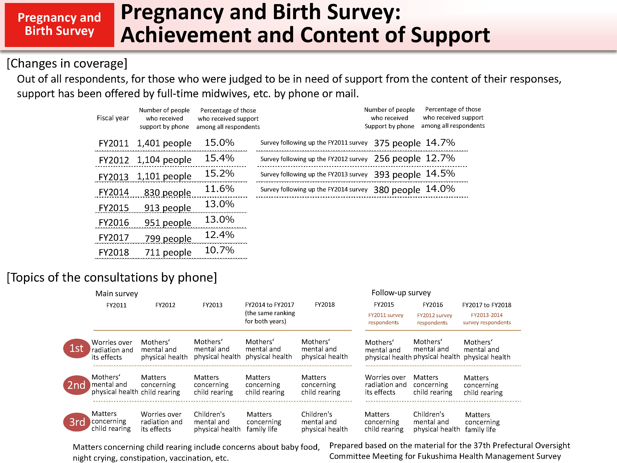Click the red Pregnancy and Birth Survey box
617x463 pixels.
point(59,25)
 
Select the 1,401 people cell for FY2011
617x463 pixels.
point(164,143)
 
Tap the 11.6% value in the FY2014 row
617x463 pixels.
point(219,189)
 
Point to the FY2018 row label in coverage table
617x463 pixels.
point(114,252)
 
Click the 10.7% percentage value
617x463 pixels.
point(219,250)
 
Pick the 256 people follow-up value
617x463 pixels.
point(397,159)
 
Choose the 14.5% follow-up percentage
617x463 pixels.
point(440,174)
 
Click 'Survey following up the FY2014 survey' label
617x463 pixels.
point(314,189)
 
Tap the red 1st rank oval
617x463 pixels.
point(76,348)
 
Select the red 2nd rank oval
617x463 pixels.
point(76,385)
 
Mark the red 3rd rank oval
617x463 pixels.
point(77,422)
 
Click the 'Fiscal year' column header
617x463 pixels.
point(113,118)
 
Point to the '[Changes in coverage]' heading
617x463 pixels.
point(67,64)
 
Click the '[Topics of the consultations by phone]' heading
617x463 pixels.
point(112,277)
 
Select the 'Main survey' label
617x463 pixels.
point(117,294)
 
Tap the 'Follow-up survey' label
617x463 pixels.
point(401,293)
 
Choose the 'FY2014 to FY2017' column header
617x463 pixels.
point(269,305)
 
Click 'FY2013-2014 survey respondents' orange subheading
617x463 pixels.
point(487,319)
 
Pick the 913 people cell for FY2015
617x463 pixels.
point(167,208)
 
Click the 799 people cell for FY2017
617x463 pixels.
point(168,239)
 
